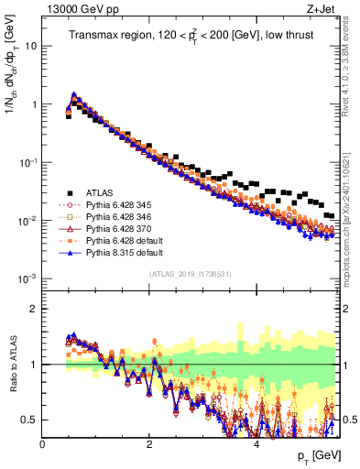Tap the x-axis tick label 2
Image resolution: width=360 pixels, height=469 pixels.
click(148, 444)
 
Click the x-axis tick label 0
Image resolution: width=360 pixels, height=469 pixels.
click(42, 444)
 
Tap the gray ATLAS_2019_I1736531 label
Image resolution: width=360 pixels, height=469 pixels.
click(191, 274)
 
